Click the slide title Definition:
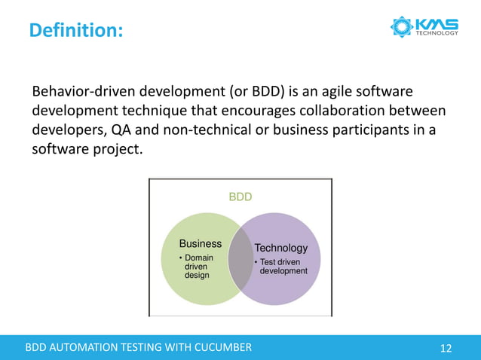pyautogui.click(x=76, y=31)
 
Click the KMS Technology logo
pyautogui.click(x=424, y=27)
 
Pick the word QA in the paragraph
pyautogui.click(x=122, y=129)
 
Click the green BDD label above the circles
pyautogui.click(x=240, y=197)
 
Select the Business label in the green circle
pyautogui.click(x=200, y=243)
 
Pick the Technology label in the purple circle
pyautogui.click(x=281, y=248)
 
